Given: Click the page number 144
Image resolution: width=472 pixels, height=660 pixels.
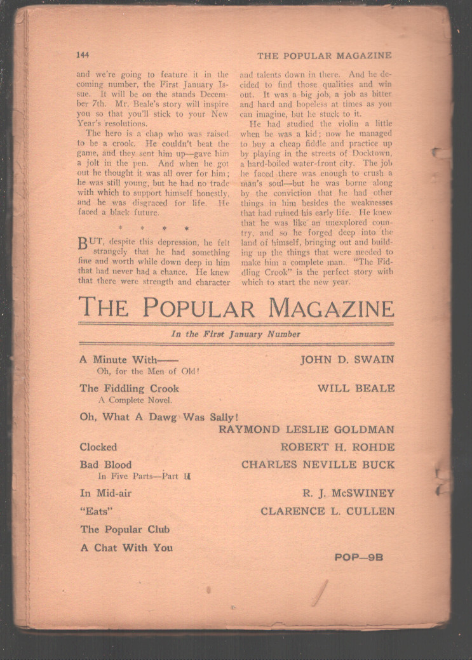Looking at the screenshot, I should pyautogui.click(x=83, y=55).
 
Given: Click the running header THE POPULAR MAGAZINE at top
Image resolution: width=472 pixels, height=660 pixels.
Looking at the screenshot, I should pyautogui.click(x=324, y=55).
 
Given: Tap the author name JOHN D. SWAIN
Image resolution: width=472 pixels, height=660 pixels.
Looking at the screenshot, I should pyautogui.click(x=347, y=360).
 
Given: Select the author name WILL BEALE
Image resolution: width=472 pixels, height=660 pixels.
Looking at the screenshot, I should pyautogui.click(x=356, y=388).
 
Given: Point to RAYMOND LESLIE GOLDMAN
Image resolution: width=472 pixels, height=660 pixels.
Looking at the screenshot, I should pyautogui.click(x=306, y=430).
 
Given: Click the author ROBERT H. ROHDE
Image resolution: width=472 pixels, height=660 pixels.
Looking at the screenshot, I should pyautogui.click(x=337, y=447).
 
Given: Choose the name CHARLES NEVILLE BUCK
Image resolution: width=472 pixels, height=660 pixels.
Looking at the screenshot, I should pyautogui.click(x=318, y=465).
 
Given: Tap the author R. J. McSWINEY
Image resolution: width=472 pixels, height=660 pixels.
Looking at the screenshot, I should pyautogui.click(x=349, y=493).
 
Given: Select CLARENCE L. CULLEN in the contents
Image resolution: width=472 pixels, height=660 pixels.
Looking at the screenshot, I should pyautogui.click(x=327, y=511).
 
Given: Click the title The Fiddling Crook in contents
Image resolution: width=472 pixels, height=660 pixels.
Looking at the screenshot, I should pyautogui.click(x=130, y=388).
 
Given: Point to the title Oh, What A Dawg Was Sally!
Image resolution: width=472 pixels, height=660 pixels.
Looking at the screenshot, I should pyautogui.click(x=159, y=417).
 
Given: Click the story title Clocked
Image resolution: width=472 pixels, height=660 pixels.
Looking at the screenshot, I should pyautogui.click(x=98, y=447).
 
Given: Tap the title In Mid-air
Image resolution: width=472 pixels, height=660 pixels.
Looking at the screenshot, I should pyautogui.click(x=105, y=493).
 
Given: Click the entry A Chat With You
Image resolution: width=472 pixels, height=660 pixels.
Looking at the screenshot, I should pyautogui.click(x=126, y=548).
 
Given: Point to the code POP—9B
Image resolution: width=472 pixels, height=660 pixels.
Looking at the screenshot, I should pyautogui.click(x=358, y=558).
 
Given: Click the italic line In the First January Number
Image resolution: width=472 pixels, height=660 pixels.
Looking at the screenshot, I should pyautogui.click(x=236, y=334).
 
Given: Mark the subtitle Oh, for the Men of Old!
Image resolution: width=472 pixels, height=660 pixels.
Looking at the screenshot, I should pyautogui.click(x=148, y=371).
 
